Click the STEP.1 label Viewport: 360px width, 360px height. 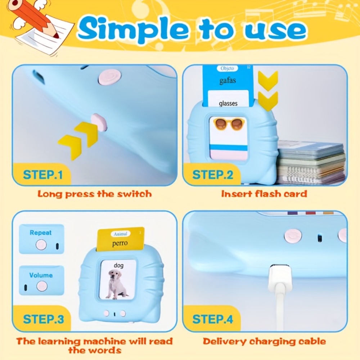pos(43,175)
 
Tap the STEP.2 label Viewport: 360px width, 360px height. pos(213,175)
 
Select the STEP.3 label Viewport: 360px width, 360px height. pos(44,319)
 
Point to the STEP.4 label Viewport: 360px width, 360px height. pos(213,319)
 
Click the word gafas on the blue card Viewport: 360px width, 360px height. pos(228,81)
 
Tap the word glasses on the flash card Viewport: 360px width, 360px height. pos(228,103)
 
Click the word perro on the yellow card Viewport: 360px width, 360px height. pos(120,243)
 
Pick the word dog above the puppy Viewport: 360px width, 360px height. pos(118,265)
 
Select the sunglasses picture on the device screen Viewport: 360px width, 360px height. pos(229,124)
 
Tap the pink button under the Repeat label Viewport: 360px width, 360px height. pos(41,244)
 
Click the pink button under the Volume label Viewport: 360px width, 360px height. pos(42,286)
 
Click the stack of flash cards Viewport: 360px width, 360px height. pos(311,162)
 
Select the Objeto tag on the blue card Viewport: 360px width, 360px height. pos(227,68)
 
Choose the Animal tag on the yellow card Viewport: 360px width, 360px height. pos(121,234)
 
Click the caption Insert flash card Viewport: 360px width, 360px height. pos(264,194)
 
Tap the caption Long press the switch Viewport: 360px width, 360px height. pos(95,194)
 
